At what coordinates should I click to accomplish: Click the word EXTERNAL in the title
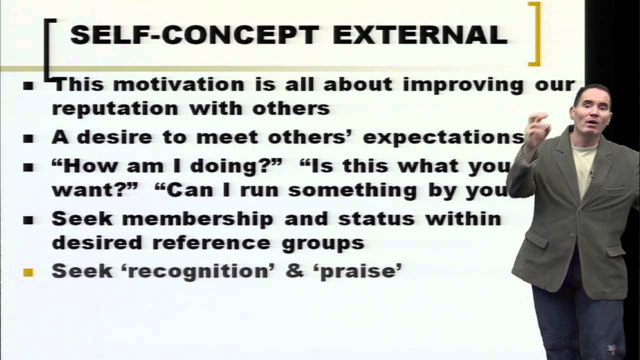click(420, 35)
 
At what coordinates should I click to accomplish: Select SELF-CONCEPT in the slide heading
click(194, 35)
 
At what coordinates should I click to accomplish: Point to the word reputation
click(114, 108)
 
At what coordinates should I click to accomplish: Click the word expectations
click(443, 137)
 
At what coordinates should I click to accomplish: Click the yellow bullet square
click(28, 272)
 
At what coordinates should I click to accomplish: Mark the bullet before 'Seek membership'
click(28, 220)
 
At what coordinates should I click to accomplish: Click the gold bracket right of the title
click(535, 34)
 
